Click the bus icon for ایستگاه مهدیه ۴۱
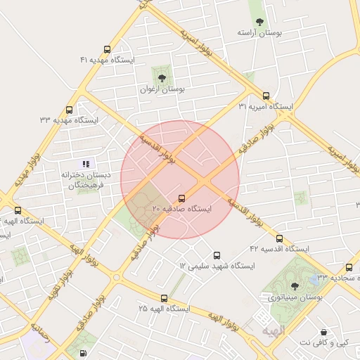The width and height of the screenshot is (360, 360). pos(107,49)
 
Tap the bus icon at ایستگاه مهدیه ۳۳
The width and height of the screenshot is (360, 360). pos(69,110)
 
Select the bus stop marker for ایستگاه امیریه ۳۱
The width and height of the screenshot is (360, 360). pos(266,96)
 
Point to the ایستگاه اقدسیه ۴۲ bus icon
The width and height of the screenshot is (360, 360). pos(279,238)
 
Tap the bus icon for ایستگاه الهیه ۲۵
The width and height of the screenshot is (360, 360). pos(164,298)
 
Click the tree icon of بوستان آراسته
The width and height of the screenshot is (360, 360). pos(259,22)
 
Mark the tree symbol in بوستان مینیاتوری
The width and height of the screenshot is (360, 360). pos(295,285)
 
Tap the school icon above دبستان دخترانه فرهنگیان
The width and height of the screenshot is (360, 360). pos(86,164)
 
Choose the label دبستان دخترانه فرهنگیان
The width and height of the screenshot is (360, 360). pos(82,179)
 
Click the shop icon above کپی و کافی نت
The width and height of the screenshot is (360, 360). pos(323,331)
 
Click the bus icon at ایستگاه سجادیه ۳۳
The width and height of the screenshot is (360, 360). pos(349,266)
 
